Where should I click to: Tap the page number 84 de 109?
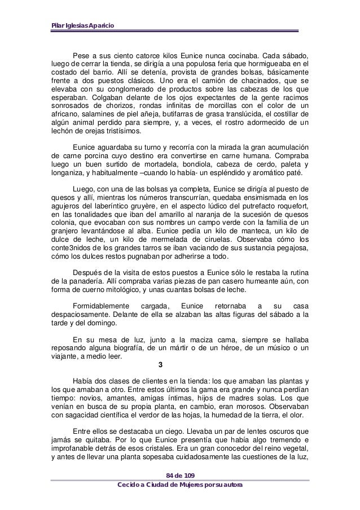(179, 473)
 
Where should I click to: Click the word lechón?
(62, 130)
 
